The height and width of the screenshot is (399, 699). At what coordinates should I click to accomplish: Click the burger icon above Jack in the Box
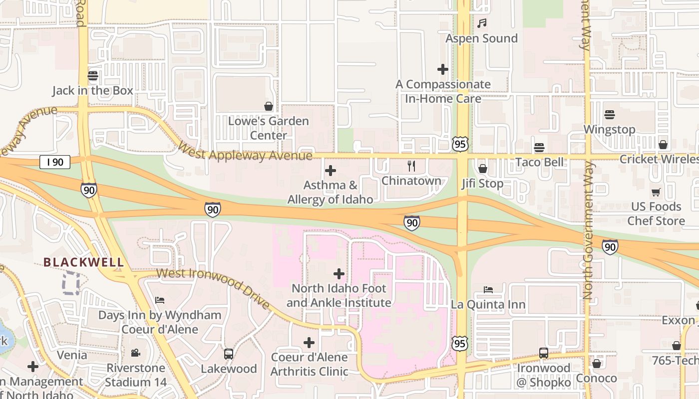[x=92, y=76]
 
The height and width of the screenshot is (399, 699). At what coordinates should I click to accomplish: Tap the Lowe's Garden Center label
[x=268, y=128]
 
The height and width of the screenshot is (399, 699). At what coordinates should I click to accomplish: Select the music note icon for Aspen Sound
[x=482, y=23]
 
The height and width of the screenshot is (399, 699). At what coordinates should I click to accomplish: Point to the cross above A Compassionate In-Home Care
[x=442, y=69]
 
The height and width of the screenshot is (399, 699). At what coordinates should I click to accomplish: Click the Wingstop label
[x=609, y=130]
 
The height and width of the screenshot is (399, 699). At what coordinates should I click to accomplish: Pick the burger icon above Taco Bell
[x=539, y=148]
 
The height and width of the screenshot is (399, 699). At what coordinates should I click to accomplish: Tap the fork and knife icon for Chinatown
[x=411, y=166]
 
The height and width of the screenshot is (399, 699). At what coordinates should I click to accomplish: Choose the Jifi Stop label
[x=482, y=184]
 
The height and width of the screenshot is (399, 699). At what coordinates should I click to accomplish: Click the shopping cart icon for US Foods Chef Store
[x=656, y=193]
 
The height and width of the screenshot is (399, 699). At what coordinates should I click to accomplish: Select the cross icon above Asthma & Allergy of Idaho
[x=330, y=171]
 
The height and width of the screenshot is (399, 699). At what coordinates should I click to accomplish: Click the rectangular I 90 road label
[x=55, y=162]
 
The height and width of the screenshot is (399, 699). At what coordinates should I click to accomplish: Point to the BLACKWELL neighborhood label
[x=83, y=262]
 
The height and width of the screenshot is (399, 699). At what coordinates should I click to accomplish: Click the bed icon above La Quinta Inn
[x=488, y=290]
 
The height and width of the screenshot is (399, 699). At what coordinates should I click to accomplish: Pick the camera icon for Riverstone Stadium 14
[x=135, y=353]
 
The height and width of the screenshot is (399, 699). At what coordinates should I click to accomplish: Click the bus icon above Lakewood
[x=229, y=354]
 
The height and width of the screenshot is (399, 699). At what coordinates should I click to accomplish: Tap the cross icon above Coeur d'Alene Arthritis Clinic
[x=309, y=343]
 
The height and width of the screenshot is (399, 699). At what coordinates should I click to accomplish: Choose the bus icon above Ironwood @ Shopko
[x=544, y=353]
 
